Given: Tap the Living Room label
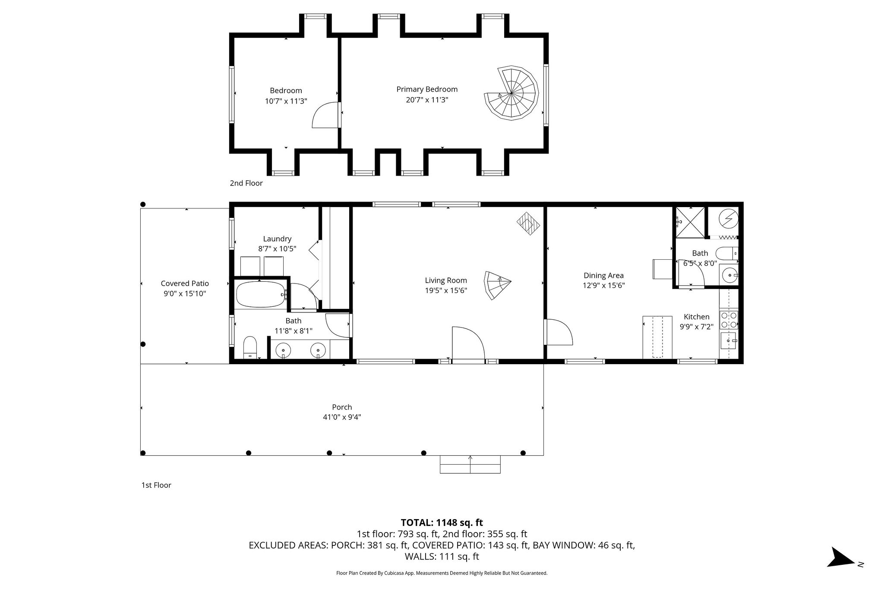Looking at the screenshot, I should [x=446, y=280].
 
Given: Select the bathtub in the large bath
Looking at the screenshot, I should [x=260, y=295].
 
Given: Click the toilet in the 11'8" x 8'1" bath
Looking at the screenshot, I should [x=250, y=347].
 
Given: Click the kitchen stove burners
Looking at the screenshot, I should [x=729, y=320].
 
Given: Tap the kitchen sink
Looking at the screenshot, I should [x=729, y=341].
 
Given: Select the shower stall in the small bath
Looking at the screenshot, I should [x=689, y=222].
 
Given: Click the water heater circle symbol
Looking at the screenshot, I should [x=729, y=219].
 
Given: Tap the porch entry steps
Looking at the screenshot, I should [x=470, y=464].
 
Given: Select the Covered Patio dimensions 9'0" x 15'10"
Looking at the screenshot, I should [x=185, y=294].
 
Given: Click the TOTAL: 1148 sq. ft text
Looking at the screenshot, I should [x=442, y=523].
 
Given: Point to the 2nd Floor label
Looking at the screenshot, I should [x=246, y=183].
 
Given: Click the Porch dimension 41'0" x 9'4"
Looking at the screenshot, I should [x=341, y=417].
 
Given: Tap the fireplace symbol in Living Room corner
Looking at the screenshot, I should [x=529, y=224].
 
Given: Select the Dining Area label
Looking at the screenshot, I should [x=603, y=275].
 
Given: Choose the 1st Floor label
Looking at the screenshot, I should [x=156, y=485].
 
